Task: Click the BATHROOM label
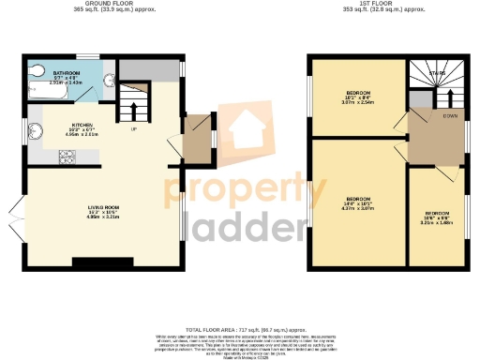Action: pyautogui.click(x=67, y=72)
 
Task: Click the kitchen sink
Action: pyautogui.click(x=36, y=130)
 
